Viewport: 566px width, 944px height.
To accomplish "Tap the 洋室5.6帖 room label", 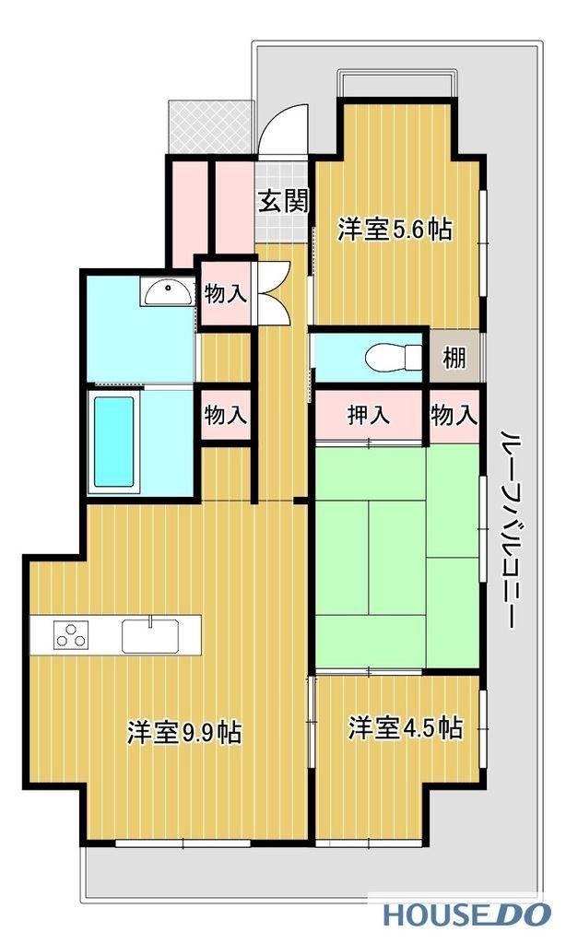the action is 395,230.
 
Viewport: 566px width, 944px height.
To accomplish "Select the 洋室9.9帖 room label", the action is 184,732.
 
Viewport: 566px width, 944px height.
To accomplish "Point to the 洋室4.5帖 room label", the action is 406,728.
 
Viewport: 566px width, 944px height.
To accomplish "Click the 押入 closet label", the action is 369,416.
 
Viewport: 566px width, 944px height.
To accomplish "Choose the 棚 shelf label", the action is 454,359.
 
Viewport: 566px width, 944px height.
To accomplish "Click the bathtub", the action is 113,442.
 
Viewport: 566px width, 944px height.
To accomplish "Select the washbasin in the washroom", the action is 168,293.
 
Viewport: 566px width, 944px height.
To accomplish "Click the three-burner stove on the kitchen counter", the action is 71,634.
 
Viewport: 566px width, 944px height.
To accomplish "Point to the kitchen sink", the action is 150,636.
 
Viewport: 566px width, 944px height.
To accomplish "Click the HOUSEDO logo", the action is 467,914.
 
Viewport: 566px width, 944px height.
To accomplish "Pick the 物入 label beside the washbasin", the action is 225,294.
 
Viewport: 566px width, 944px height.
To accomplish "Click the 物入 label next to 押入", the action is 454,415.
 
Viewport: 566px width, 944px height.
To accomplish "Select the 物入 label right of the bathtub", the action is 225,415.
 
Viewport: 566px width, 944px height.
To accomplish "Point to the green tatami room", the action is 397,557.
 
